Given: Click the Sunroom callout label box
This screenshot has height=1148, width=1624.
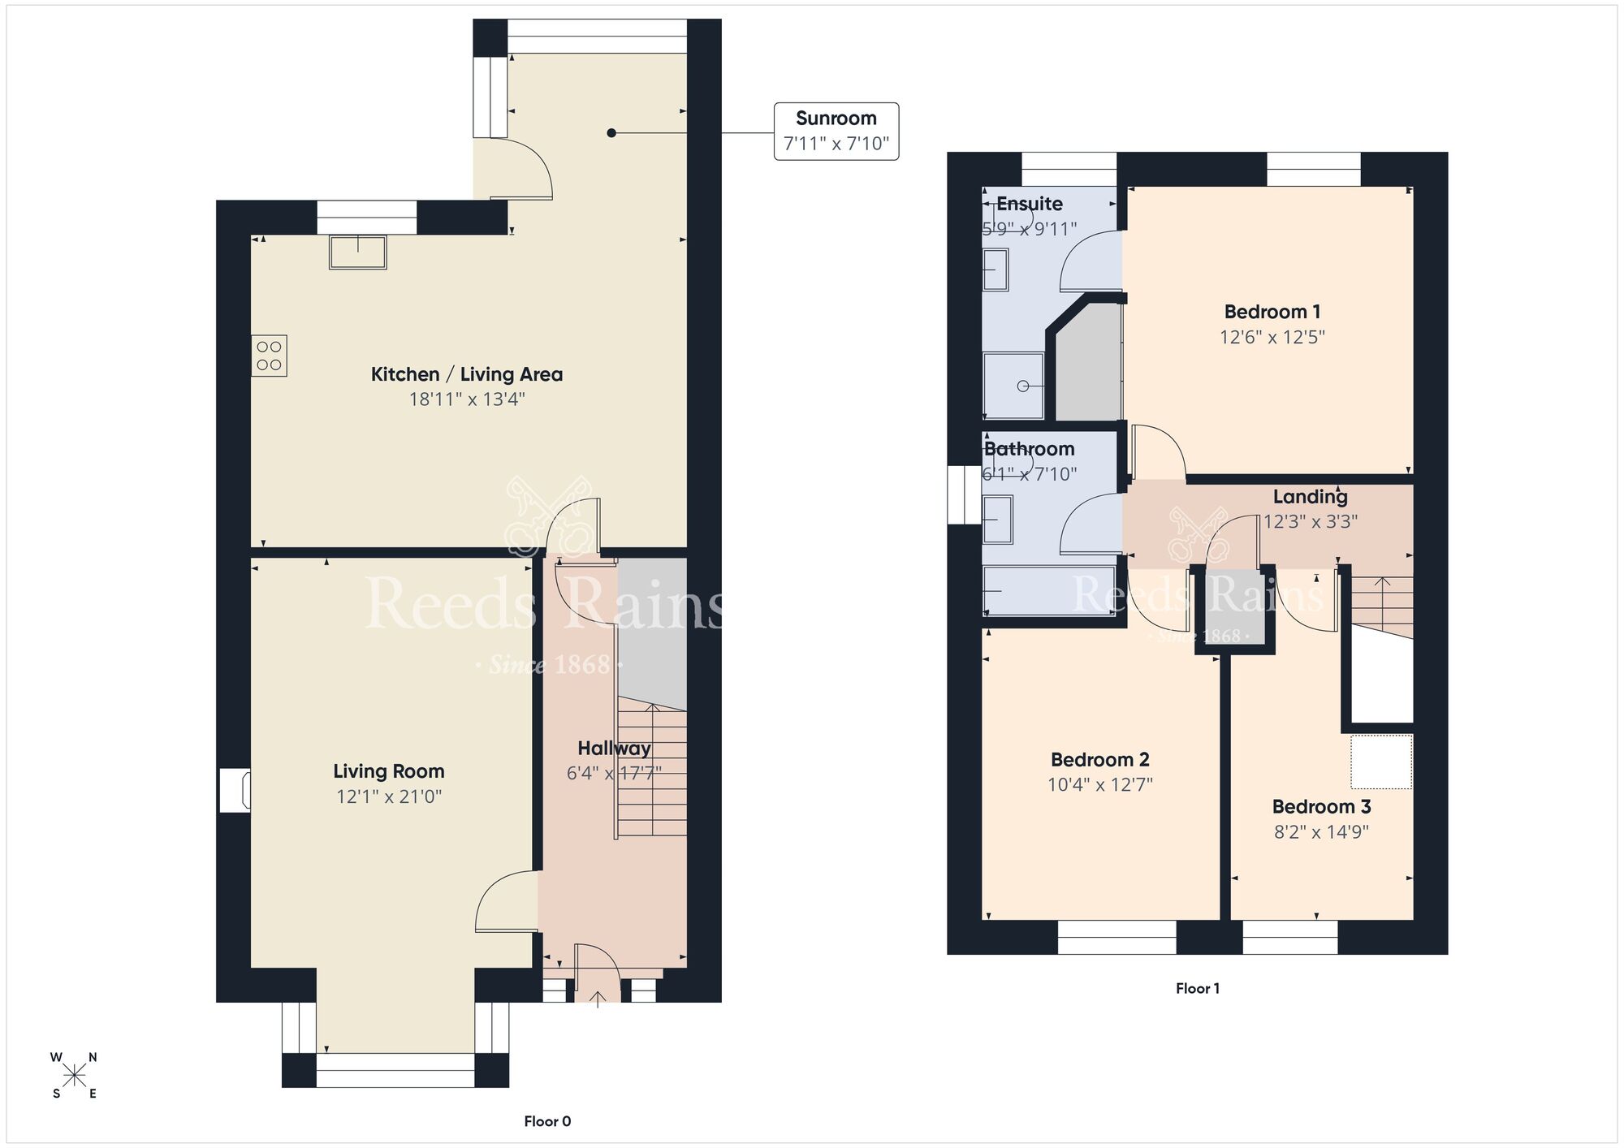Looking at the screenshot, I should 836,131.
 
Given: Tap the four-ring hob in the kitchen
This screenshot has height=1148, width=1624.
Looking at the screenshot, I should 269,356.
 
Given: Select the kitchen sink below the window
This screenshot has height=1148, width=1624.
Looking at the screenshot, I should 357,252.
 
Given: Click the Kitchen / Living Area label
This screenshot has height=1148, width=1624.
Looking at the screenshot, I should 466,374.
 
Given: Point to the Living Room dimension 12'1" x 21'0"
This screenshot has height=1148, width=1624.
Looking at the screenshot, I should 389,796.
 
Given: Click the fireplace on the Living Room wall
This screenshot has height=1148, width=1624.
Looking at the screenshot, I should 235,791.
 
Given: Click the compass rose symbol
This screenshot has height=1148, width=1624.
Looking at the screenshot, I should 75,1076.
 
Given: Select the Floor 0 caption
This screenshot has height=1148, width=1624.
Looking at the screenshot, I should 547,1121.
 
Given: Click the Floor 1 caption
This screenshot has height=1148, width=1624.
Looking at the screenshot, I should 1197,988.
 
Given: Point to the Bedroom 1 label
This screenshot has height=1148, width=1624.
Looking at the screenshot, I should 1272,312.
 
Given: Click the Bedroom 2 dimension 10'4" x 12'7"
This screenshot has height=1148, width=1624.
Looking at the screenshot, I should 1099,784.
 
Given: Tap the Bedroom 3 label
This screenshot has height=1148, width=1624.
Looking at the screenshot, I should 1321,806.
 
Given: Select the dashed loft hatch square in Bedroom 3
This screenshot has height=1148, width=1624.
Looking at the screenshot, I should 1381,762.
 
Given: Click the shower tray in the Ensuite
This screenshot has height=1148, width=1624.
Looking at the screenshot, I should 1013,386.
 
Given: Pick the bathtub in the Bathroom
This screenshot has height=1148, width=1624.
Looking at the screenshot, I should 1038,590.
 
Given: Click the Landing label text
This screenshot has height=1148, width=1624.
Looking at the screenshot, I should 1310,496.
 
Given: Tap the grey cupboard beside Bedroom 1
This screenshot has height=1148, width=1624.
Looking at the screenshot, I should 1088,365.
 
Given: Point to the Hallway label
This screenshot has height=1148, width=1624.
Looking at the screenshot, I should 614,748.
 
